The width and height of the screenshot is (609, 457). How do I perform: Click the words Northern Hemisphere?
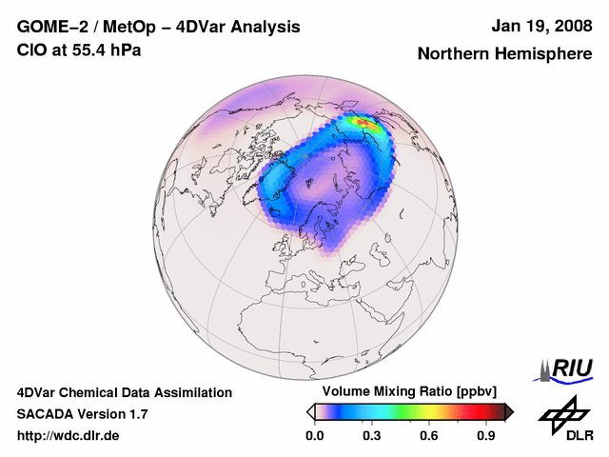pyautogui.click(x=504, y=54)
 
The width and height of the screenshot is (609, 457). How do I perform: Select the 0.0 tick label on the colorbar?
pyautogui.click(x=315, y=436)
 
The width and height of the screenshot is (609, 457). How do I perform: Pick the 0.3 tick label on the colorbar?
pyautogui.click(x=372, y=436)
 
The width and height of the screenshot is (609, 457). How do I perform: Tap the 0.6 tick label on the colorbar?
pyautogui.click(x=429, y=436)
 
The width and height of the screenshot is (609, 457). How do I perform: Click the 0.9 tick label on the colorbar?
pyautogui.click(x=486, y=436)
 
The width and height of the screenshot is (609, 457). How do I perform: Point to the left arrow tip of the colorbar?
pyautogui.click(x=310, y=411)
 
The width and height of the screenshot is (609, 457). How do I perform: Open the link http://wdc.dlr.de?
pyautogui.click(x=69, y=436)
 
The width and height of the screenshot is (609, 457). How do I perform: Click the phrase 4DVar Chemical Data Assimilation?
pyautogui.click(x=125, y=392)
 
